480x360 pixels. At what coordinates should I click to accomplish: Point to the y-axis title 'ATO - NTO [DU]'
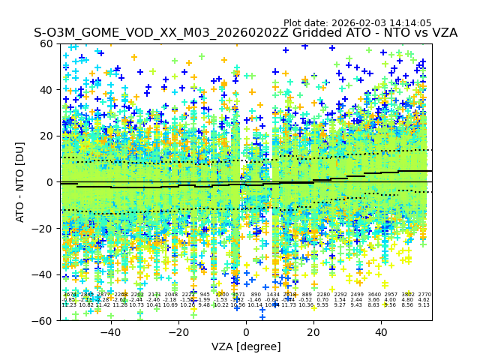pos(21,181)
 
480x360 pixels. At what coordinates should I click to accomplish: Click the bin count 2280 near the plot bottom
pos(323,295)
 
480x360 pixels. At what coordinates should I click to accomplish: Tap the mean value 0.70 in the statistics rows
pos(323,300)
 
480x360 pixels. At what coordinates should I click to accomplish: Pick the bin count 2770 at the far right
pos(424,295)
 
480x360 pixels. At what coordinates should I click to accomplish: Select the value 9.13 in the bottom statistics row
pos(424,305)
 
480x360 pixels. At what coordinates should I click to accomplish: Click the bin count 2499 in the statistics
pos(357,295)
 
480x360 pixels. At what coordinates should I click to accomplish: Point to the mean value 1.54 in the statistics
pos(340,300)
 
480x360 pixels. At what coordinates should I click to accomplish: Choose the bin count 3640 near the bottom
pos(374,295)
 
